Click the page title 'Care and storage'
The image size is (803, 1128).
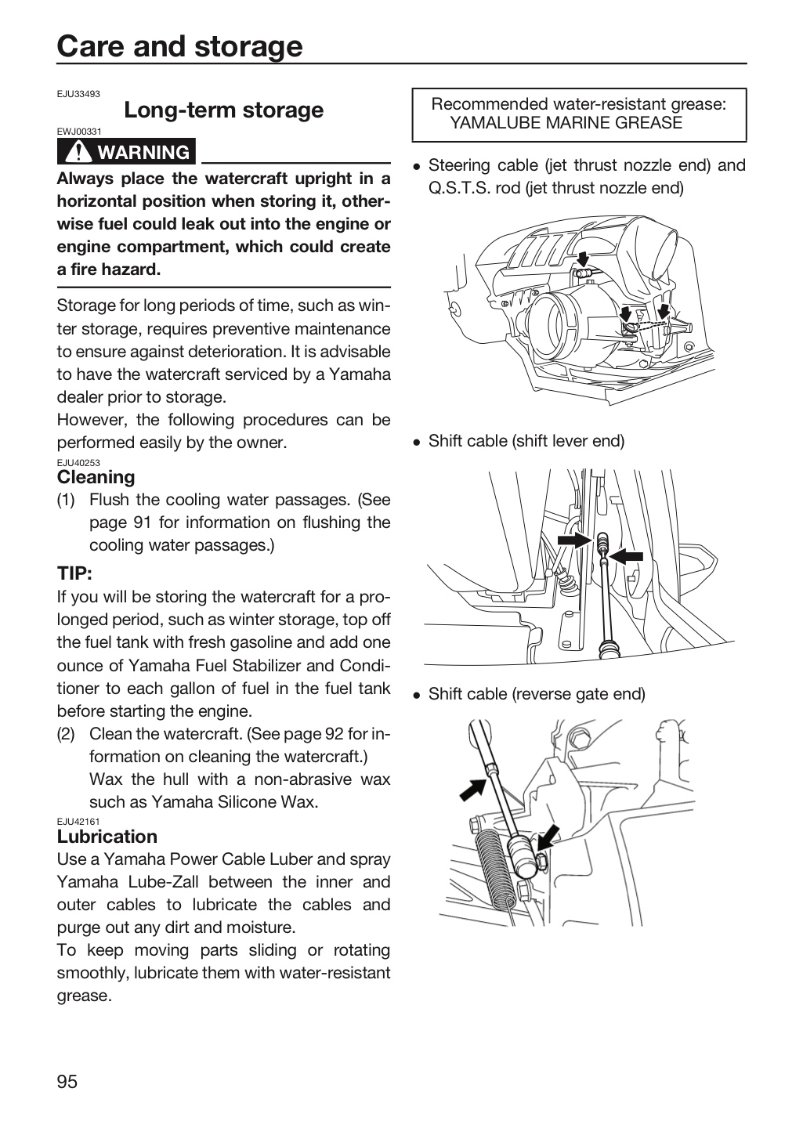(179, 46)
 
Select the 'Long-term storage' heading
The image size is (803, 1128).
(224, 110)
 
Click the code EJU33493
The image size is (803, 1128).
(78, 94)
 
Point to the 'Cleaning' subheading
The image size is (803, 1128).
(96, 476)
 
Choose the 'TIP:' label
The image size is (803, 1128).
(74, 573)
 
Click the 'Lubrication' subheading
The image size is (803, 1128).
(107, 836)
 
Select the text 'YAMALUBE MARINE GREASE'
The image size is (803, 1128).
(566, 122)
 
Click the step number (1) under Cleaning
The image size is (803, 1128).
(66, 500)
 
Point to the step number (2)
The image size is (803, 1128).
(66, 734)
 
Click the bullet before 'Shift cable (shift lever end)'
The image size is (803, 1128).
(417, 442)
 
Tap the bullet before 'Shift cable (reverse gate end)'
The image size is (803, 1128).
(417, 696)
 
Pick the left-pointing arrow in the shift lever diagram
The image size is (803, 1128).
(626, 556)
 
